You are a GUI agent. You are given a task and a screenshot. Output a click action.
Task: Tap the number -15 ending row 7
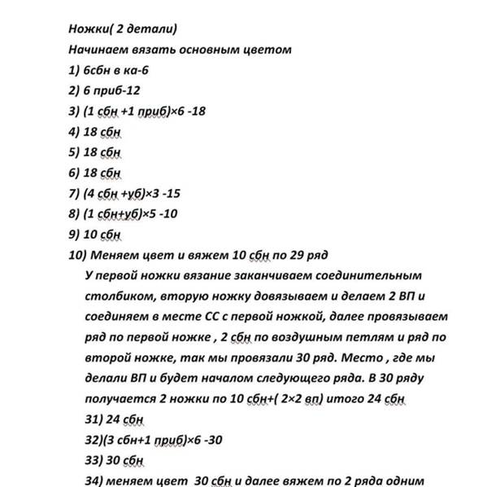[x=189, y=193]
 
